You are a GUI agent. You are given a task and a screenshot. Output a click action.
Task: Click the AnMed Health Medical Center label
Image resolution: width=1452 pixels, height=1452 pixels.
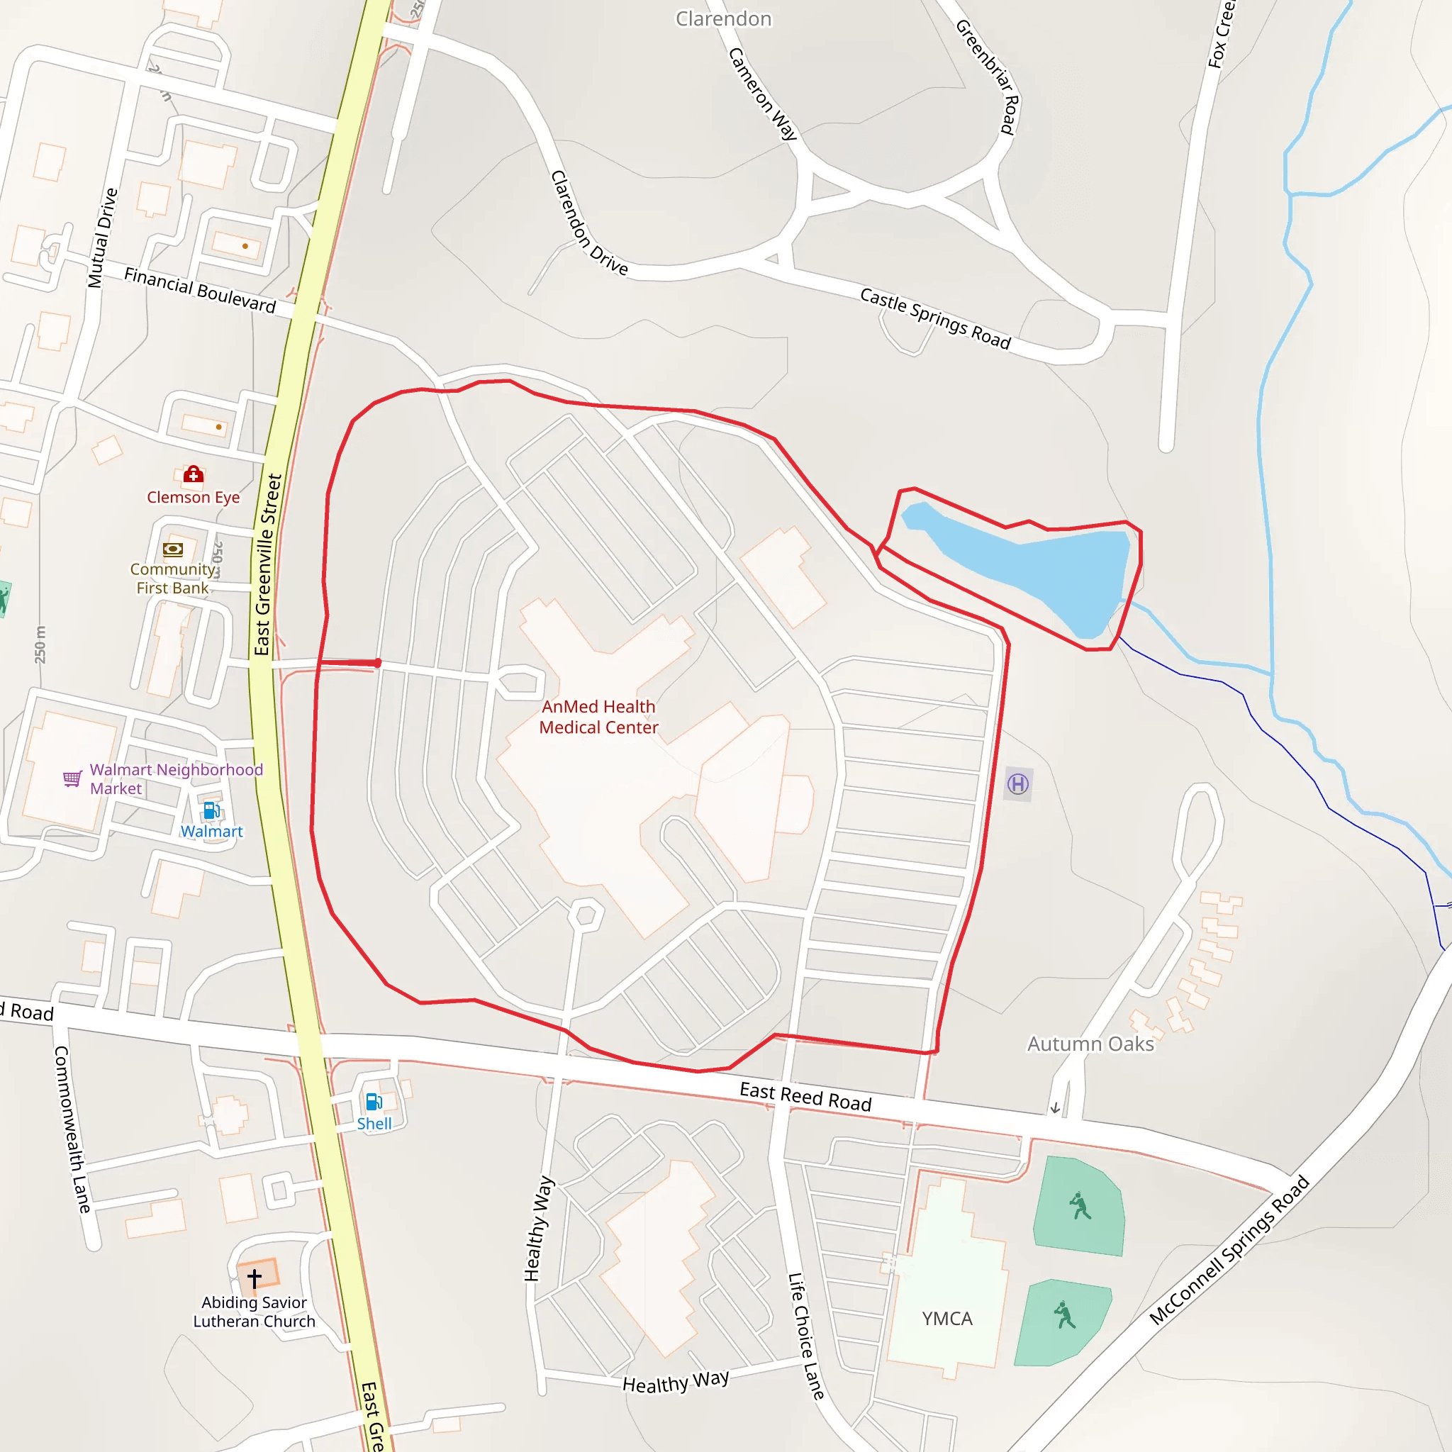(x=598, y=717)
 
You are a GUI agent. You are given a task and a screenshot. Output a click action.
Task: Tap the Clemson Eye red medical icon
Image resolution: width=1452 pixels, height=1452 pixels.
(x=193, y=474)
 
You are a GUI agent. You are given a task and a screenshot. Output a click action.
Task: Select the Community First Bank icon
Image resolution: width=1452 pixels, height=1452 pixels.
(x=173, y=549)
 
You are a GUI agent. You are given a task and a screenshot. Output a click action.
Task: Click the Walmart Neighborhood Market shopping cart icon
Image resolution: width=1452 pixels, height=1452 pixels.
(x=72, y=778)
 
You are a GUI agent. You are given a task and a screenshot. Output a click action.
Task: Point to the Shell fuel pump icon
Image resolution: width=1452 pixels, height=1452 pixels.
(x=374, y=1102)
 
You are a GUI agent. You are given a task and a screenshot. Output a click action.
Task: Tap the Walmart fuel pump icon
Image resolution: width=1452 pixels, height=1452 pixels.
(x=211, y=810)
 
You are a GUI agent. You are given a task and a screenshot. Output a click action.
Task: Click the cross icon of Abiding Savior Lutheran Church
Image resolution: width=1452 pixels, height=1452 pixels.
(x=255, y=1278)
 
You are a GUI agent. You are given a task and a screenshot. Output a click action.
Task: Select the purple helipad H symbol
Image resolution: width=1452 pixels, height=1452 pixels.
(x=1017, y=785)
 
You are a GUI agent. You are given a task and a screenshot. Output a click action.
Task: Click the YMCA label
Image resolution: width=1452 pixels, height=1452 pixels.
(x=947, y=1318)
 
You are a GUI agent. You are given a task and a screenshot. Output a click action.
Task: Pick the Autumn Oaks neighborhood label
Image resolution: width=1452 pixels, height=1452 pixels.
(x=1090, y=1044)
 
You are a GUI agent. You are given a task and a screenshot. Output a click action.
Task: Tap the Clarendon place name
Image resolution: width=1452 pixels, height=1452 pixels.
(x=723, y=19)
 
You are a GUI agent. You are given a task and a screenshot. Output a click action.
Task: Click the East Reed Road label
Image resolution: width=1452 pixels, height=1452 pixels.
(x=805, y=1097)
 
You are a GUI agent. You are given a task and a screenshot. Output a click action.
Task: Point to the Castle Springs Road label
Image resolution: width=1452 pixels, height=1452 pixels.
(x=935, y=318)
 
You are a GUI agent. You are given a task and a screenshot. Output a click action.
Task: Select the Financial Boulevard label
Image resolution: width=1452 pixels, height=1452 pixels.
(x=200, y=290)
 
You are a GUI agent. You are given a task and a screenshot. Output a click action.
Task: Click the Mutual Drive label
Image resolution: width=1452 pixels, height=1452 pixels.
(x=102, y=238)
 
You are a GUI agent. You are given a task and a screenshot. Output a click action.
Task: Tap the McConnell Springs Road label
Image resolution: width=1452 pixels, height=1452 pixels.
(x=1229, y=1250)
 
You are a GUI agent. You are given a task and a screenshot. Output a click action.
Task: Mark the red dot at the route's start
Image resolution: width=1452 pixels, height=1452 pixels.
(x=377, y=663)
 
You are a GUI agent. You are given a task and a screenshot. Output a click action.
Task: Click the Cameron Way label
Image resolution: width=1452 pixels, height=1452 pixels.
(x=762, y=94)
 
